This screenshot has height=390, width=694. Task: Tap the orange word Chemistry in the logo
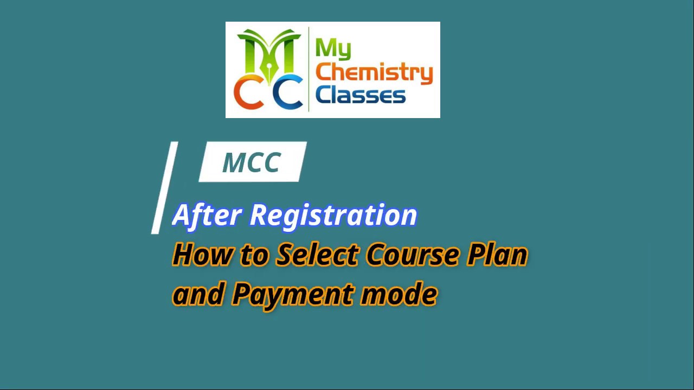point(374,73)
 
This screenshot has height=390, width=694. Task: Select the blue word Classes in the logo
point(360,95)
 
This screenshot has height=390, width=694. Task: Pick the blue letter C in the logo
point(287,92)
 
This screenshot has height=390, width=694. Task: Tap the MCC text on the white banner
point(252,162)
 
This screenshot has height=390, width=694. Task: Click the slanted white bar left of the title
point(164,187)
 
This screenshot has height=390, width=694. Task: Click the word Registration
point(333,215)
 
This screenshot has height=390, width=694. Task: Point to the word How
point(201,255)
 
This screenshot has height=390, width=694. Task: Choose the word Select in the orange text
point(317,255)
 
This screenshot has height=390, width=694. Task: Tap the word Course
point(412,255)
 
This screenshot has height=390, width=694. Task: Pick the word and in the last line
point(198,295)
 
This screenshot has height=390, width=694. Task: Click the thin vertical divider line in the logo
point(309,69)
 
